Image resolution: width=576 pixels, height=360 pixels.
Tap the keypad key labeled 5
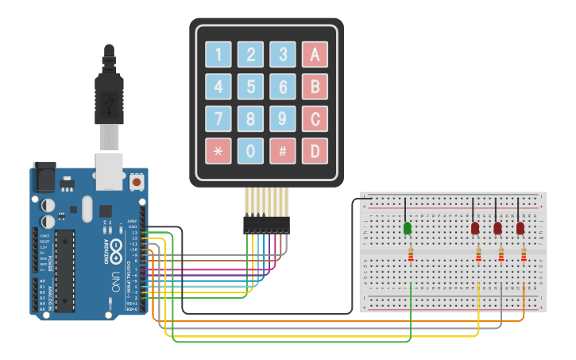(251, 86)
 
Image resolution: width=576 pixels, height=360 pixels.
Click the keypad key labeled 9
(283, 118)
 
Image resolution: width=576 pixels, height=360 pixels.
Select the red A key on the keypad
(315, 54)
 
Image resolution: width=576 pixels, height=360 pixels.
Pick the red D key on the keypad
(315, 150)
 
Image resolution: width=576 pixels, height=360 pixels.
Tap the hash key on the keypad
(283, 150)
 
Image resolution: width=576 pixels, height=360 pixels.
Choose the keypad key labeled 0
(251, 150)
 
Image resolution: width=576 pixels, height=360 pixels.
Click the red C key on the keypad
(315, 118)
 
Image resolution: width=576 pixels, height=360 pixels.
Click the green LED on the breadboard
(408, 229)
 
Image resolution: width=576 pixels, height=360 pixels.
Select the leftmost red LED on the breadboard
(475, 229)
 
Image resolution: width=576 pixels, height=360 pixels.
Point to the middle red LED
(497, 229)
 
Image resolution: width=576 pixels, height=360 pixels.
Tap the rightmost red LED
(520, 229)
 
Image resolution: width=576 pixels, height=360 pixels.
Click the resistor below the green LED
(410, 254)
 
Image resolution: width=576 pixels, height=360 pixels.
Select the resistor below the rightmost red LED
(524, 254)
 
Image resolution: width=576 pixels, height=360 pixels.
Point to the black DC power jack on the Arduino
(44, 178)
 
